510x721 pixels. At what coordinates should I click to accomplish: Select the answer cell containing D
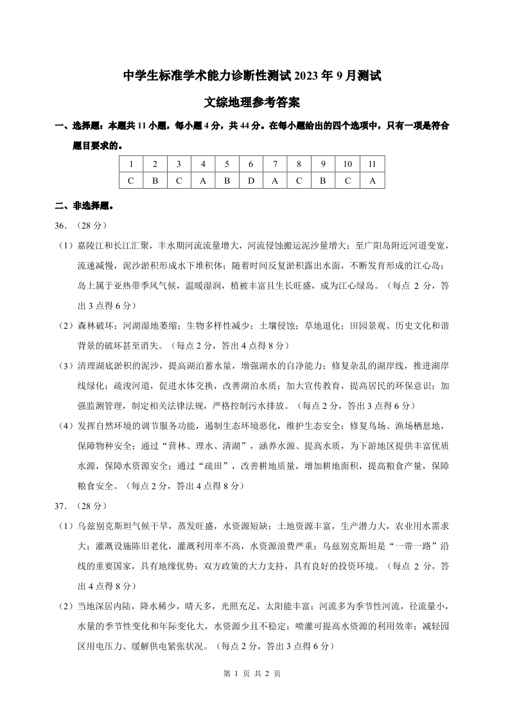[x=251, y=180]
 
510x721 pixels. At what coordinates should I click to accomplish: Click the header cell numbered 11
[x=372, y=164]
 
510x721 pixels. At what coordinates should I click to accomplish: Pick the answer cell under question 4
[x=202, y=180]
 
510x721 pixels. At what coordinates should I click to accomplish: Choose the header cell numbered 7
[x=275, y=164]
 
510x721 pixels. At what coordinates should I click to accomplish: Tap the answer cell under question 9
[x=323, y=180]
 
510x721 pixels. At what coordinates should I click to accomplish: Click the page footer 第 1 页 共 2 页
[x=254, y=674]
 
